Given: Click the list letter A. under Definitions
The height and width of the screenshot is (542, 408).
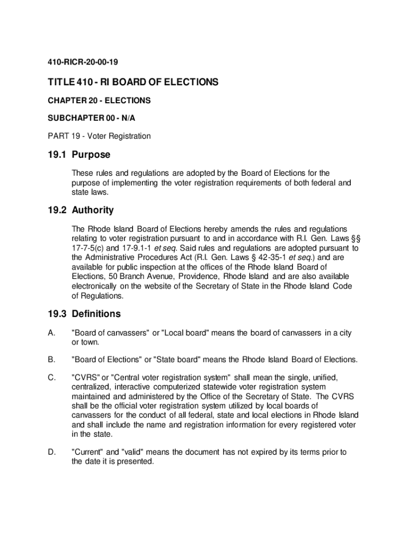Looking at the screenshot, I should (51, 333).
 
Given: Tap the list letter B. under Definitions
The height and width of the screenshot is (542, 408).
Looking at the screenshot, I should (51, 360).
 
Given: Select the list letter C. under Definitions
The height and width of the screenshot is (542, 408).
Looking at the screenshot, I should (51, 377).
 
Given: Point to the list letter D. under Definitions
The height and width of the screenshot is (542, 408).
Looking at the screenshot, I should (51, 452).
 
